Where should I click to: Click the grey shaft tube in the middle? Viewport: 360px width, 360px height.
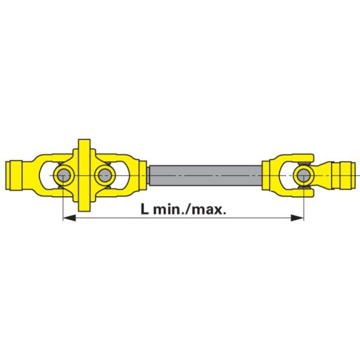(204, 173)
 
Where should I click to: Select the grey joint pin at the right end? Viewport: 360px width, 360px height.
(304, 174)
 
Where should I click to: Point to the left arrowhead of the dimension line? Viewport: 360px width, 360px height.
(68, 219)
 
